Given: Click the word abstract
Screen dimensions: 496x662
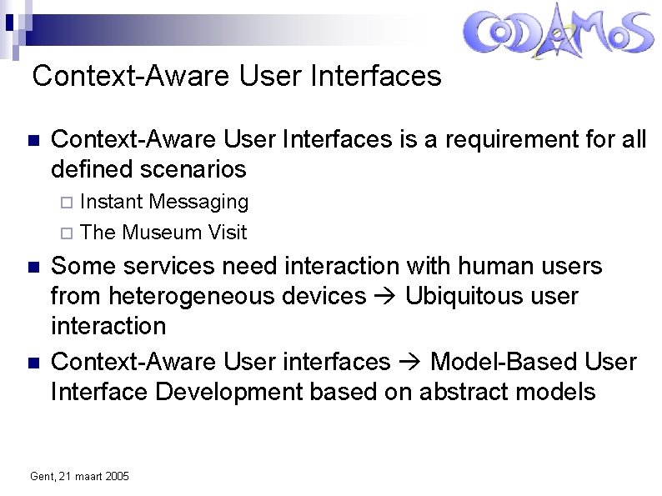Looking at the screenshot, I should (478, 392).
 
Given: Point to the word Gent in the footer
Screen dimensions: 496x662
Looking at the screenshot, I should (40, 476).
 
